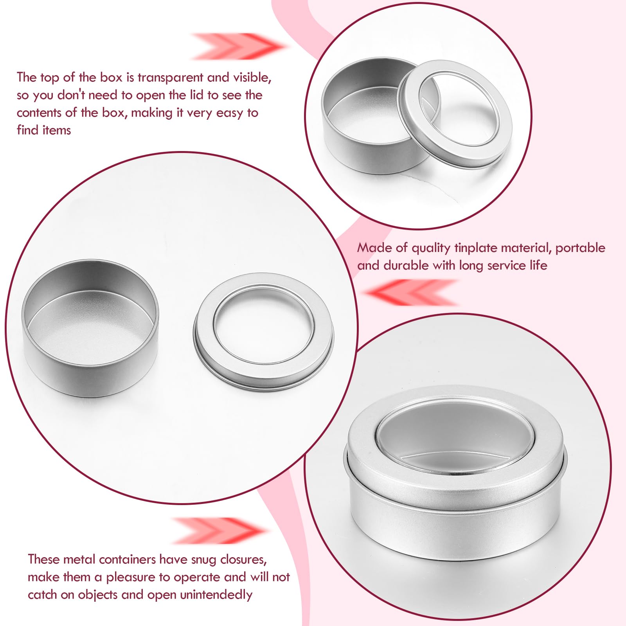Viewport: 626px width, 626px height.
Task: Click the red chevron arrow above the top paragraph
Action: coord(238,46)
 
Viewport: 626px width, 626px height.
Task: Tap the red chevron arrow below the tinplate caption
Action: coord(410,292)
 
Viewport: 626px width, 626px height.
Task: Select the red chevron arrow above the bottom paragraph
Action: coord(220,531)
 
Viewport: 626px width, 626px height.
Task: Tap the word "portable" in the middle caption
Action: coord(580,248)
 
